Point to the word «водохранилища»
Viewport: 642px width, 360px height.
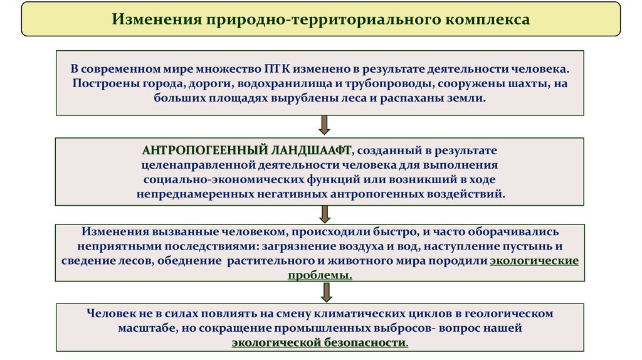(285, 83)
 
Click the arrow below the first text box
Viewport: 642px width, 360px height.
(324, 125)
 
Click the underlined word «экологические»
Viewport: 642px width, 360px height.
(534, 260)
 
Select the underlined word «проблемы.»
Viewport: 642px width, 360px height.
(320, 275)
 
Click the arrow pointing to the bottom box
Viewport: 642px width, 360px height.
(324, 292)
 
